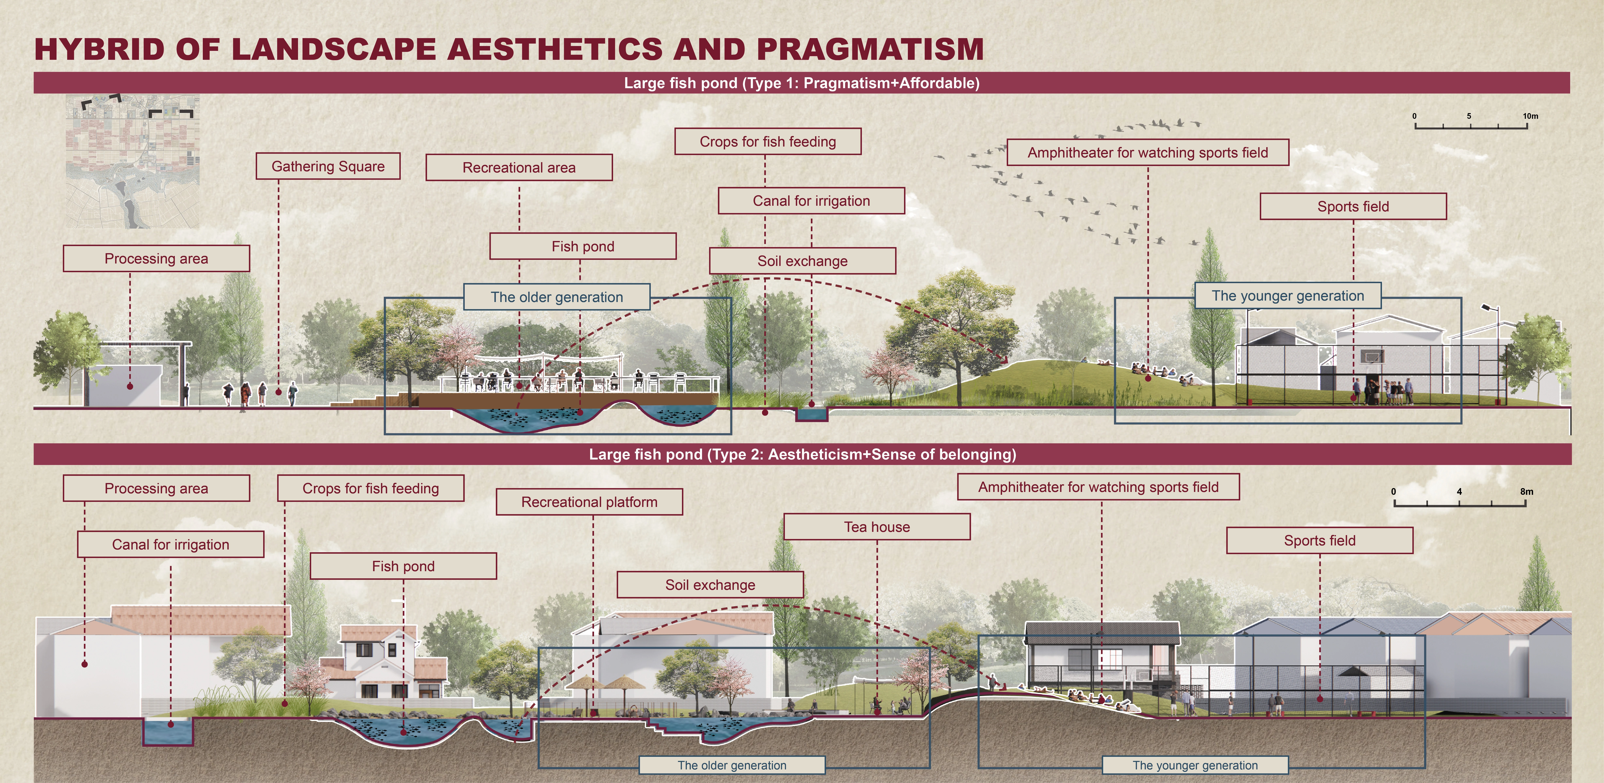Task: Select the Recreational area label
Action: pos(519,168)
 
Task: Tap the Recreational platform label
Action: pos(589,502)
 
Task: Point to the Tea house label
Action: pos(877,527)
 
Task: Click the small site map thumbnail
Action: pos(133,161)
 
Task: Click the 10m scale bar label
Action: pos(1530,116)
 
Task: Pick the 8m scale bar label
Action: pos(1526,492)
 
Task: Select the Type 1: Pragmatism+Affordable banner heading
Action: pos(801,83)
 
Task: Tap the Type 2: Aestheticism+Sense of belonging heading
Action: pos(802,454)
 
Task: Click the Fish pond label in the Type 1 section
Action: pos(583,247)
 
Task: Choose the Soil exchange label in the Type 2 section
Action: pos(710,585)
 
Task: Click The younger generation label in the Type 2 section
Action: pos(1195,765)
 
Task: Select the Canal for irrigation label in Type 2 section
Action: pos(171,544)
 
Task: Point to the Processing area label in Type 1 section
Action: pos(156,258)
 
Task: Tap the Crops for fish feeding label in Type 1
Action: pos(768,141)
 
